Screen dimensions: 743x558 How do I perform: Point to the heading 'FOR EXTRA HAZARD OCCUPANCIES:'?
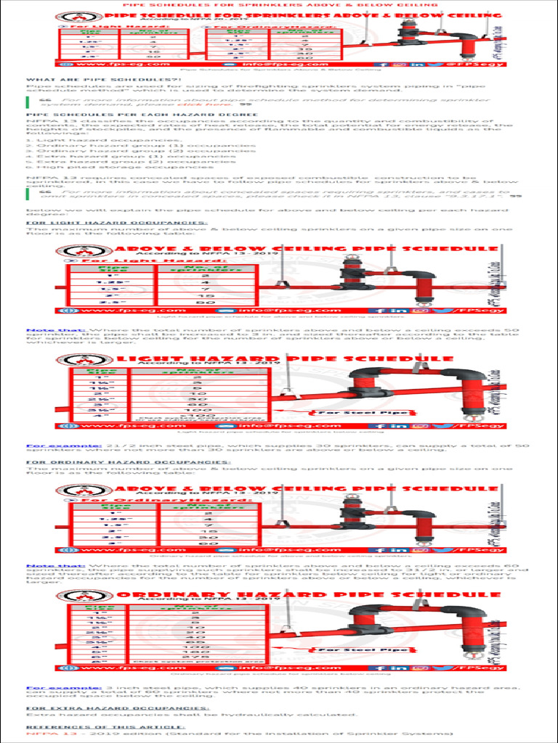pos(118,707)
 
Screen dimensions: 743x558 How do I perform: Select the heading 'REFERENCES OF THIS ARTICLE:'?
pos(106,726)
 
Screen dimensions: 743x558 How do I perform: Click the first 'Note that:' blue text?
pos(46,330)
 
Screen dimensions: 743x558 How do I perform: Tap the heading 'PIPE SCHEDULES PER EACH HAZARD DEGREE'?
pos(121,114)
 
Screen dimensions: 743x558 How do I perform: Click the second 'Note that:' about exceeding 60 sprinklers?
pos(46,566)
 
